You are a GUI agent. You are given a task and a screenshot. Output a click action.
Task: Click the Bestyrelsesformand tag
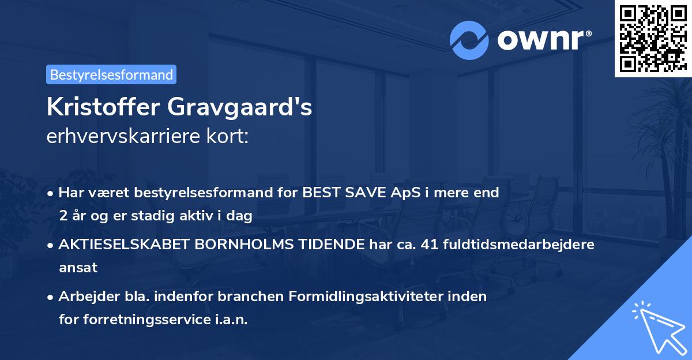pyautogui.click(x=111, y=74)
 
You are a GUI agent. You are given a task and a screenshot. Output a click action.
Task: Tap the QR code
pyautogui.click(x=653, y=38)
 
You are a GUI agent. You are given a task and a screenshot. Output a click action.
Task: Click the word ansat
pyautogui.click(x=78, y=268)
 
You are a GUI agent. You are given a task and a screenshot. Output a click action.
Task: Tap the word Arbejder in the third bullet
pyautogui.click(x=84, y=297)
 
